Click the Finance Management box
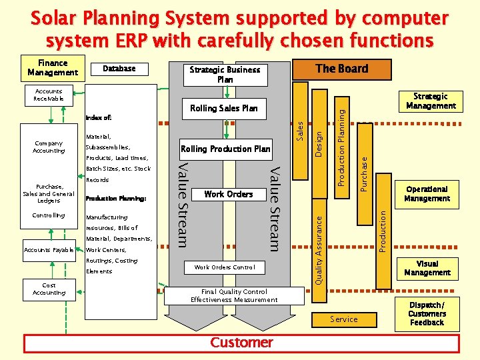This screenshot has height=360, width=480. (x=53, y=67)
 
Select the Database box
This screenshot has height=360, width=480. (x=119, y=69)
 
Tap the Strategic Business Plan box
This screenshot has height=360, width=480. (x=225, y=74)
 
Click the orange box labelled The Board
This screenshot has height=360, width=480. (x=341, y=69)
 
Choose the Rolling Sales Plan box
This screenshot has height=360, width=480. (x=224, y=108)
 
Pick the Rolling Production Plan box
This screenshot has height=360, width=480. (x=225, y=149)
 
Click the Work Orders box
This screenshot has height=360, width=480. (x=228, y=194)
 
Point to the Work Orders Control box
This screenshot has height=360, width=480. (x=225, y=267)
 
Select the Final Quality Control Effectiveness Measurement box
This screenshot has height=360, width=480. (x=234, y=295)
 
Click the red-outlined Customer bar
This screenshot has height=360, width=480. (x=241, y=343)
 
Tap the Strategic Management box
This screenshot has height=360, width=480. (x=431, y=101)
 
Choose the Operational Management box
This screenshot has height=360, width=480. (x=427, y=194)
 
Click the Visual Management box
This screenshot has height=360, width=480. (x=427, y=268)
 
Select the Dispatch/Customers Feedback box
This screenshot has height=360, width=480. (x=427, y=314)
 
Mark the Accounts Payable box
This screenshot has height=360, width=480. (x=49, y=250)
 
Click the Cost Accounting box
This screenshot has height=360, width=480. (x=49, y=289)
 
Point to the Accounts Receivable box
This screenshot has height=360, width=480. (x=49, y=95)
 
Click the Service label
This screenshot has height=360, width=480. (x=344, y=319)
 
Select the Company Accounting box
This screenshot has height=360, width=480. (x=49, y=147)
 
